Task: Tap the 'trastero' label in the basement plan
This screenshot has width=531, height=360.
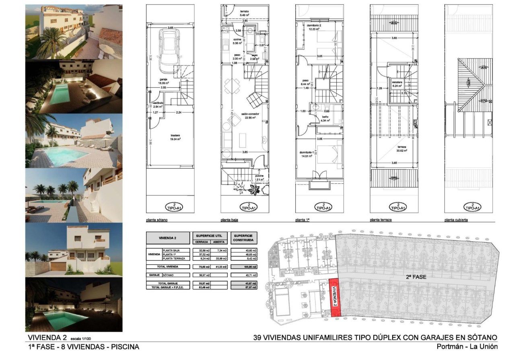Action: click(175, 137)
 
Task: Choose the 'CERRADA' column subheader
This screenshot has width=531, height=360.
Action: click(202, 242)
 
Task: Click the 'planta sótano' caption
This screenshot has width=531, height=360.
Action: click(157, 220)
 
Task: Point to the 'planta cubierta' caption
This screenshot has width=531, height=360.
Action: click(457, 220)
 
